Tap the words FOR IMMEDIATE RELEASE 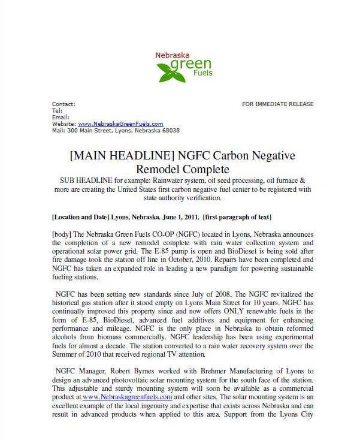(x=277, y=104)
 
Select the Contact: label (x=64, y=104)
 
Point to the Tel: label (x=58, y=111)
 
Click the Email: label (x=61, y=117)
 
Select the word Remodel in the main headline (x=161, y=170)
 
